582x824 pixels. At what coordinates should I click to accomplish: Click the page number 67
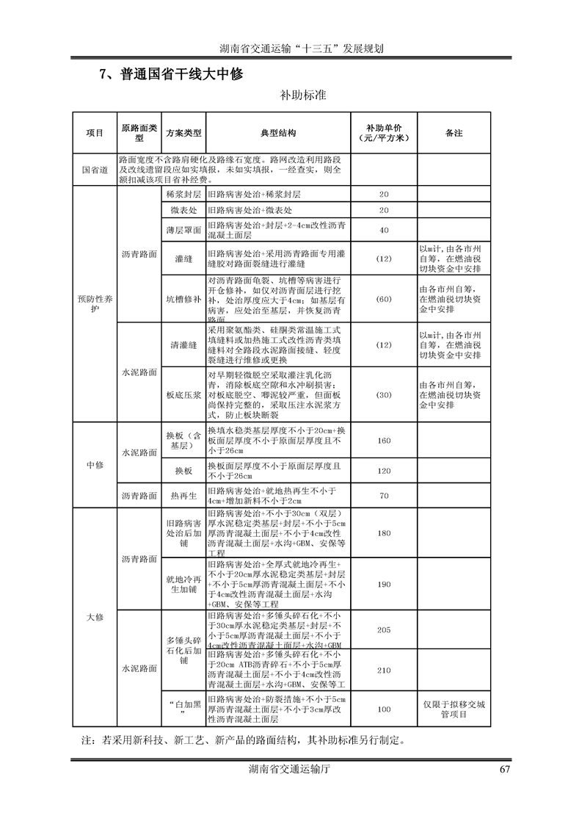coord(504,769)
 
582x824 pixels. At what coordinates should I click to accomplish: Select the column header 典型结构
coord(278,133)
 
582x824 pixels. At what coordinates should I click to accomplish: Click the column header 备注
coord(454,133)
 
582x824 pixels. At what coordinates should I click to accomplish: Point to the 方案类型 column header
coord(183,133)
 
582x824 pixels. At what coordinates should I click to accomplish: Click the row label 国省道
coord(95,170)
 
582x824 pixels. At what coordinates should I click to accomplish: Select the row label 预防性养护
coord(95,304)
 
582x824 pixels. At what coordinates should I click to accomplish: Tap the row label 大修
coord(95,618)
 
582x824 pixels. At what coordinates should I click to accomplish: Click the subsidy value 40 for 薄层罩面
coord(384,231)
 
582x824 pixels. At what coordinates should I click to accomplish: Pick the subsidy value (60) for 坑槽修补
coord(384,300)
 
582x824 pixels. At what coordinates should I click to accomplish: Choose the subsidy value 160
coord(384,441)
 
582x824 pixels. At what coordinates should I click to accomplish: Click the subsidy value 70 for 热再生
coord(384,496)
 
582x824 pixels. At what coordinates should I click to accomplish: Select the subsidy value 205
coord(384,629)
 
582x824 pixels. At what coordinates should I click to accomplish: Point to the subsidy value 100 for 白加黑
coord(384,709)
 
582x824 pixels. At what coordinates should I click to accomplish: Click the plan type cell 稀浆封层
coord(183,195)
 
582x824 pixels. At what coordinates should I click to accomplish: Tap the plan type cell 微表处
coord(183,211)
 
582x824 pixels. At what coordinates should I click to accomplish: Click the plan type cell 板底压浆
coord(183,394)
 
